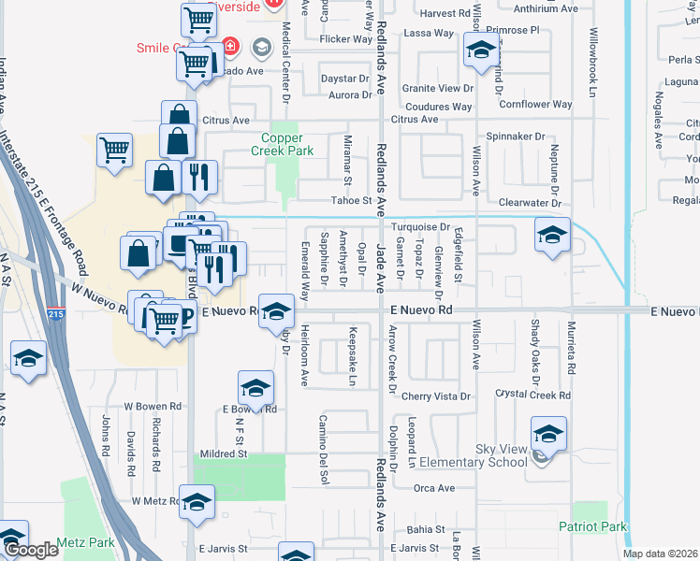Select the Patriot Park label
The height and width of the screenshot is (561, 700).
point(592,526)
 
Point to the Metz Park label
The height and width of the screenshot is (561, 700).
point(84,542)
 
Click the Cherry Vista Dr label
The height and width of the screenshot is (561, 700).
point(435,396)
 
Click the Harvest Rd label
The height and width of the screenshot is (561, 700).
point(445,13)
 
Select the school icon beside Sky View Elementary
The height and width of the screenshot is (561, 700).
point(548,434)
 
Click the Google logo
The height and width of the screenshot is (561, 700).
point(31,551)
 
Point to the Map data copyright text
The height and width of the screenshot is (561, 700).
point(660,554)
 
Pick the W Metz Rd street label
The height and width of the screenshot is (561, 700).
point(155,501)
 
